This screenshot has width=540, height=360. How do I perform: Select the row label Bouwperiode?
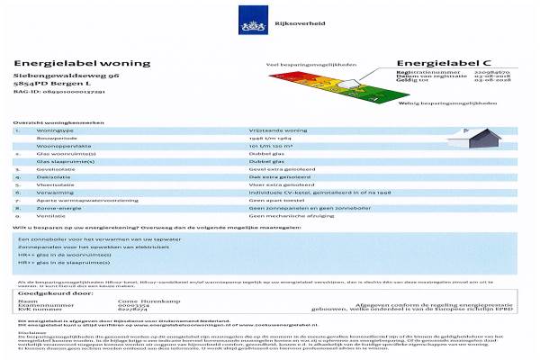pos(54,139)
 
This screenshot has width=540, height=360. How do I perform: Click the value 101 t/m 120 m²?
pos(270,147)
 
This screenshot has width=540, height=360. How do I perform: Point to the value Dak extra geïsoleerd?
pos(274,177)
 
